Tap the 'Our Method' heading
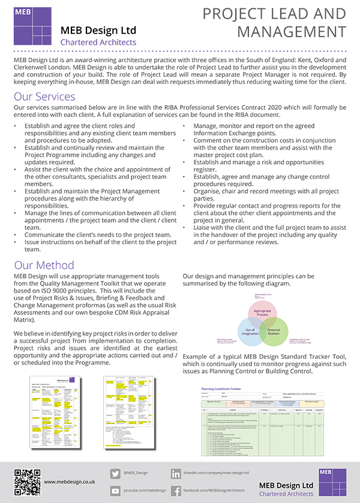(x=44, y=265)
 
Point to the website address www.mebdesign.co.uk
(x=70, y=481)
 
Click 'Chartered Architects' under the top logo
(x=98, y=43)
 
